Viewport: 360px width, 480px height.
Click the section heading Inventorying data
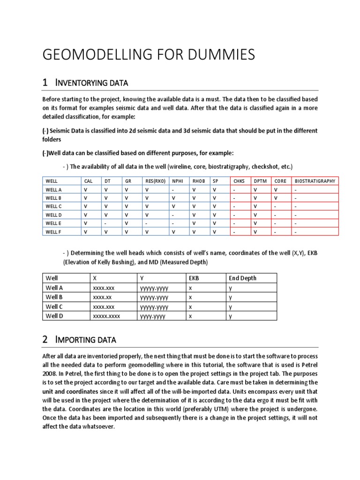point(91,83)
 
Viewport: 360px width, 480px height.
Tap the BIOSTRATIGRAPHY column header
point(315,181)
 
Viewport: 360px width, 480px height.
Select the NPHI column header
point(177,181)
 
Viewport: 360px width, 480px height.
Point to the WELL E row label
point(53,223)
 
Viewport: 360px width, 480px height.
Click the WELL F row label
point(53,232)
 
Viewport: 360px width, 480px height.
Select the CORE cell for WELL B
point(276,198)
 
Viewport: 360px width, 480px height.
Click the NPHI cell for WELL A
point(173,189)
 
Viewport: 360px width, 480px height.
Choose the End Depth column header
point(242,278)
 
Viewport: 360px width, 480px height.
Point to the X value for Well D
point(106,316)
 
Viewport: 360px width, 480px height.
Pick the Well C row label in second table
point(54,307)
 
